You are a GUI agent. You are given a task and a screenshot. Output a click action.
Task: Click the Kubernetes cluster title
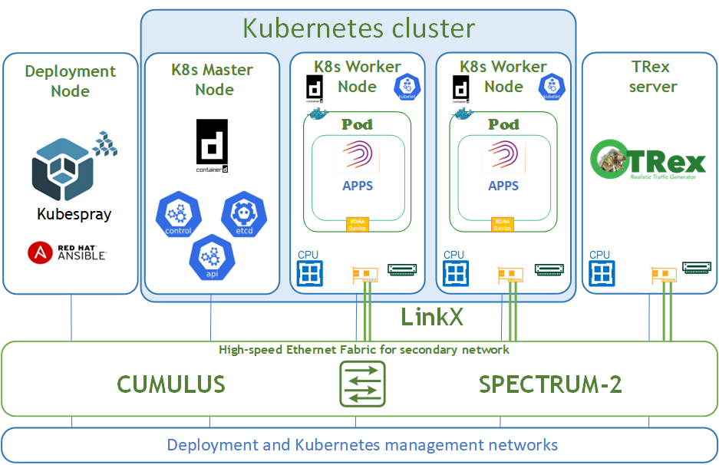click(358, 28)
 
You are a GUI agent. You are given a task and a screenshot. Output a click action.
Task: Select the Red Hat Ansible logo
click(67, 252)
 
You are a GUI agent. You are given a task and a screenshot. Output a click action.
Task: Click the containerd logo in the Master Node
click(212, 145)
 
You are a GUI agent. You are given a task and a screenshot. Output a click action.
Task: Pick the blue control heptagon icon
click(177, 216)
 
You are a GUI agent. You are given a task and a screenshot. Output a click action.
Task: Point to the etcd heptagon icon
click(243, 216)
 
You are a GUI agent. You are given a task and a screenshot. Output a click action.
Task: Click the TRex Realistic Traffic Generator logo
click(648, 160)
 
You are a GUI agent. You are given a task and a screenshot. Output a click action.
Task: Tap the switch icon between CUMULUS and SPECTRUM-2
click(362, 384)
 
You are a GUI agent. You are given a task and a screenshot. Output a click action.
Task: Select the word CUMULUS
click(170, 384)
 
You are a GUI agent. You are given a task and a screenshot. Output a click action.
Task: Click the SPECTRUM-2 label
click(550, 384)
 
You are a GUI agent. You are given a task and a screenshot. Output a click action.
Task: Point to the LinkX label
click(432, 317)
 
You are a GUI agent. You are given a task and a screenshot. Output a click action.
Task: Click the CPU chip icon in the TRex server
click(601, 273)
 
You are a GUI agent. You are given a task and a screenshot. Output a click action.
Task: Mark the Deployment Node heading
click(70, 81)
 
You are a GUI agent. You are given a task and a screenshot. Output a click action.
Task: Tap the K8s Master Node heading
click(212, 80)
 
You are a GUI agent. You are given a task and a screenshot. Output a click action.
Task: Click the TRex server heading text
click(652, 77)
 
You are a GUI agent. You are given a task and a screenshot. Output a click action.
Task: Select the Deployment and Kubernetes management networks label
click(362, 445)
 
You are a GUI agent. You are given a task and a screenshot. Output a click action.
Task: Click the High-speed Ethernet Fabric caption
click(364, 350)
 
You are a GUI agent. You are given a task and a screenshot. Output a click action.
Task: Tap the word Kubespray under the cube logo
click(74, 214)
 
